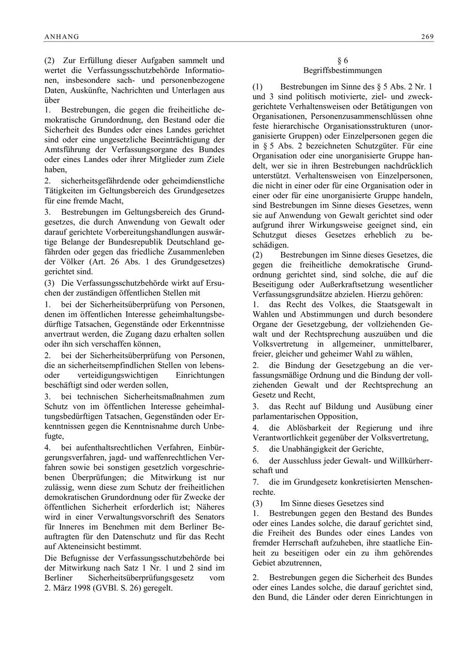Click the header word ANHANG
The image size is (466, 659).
point(62,37)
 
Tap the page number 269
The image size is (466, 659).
point(427,37)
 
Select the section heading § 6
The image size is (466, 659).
point(343,61)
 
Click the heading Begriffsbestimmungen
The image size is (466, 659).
point(343,70)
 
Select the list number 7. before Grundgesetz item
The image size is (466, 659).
point(255,482)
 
